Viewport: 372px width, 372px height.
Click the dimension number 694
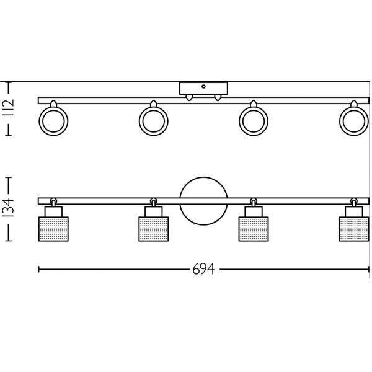pos(205,270)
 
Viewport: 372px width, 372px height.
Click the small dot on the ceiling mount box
pos(203,86)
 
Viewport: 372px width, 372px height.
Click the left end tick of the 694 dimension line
pos(39,270)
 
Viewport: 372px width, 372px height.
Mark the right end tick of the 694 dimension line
pos(368,270)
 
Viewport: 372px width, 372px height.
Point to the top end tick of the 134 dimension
pos(9,179)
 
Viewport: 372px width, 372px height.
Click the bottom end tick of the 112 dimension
pos(9,136)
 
